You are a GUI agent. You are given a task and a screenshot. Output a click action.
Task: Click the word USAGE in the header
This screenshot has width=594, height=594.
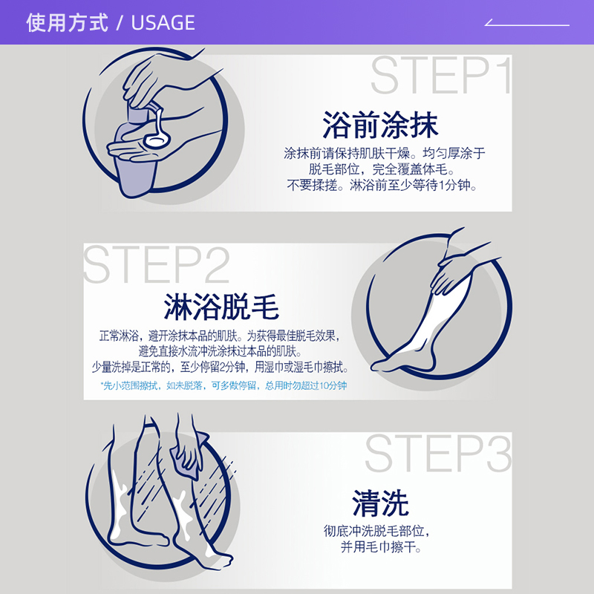(163, 23)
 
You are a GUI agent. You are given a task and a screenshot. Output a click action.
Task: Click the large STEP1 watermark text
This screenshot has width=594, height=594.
(441, 76)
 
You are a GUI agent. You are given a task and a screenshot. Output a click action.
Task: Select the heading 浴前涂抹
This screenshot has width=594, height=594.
(380, 125)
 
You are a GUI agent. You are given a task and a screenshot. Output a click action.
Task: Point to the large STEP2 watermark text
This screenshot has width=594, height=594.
(157, 264)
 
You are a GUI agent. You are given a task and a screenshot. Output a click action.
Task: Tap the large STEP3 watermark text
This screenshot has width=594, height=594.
(438, 454)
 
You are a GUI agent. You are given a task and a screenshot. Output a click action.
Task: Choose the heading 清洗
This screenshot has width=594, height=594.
(380, 504)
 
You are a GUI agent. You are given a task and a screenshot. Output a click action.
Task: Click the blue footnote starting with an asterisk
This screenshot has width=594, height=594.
(223, 386)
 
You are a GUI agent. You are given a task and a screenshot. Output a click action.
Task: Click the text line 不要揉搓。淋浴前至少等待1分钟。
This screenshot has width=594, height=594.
(382, 186)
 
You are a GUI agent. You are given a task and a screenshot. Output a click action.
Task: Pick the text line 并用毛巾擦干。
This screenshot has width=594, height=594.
(381, 548)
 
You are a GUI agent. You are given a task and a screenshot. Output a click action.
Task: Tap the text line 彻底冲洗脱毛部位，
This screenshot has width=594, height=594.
(376, 531)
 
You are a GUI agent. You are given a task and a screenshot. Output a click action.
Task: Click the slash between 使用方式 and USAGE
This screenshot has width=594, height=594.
(119, 23)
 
